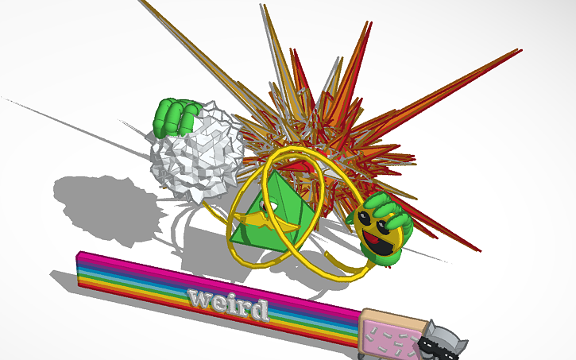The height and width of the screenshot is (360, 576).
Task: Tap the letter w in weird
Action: (x=198, y=298)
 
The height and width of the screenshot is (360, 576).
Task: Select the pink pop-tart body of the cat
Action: (x=389, y=332)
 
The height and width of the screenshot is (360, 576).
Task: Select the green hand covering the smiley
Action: (x=391, y=215)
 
